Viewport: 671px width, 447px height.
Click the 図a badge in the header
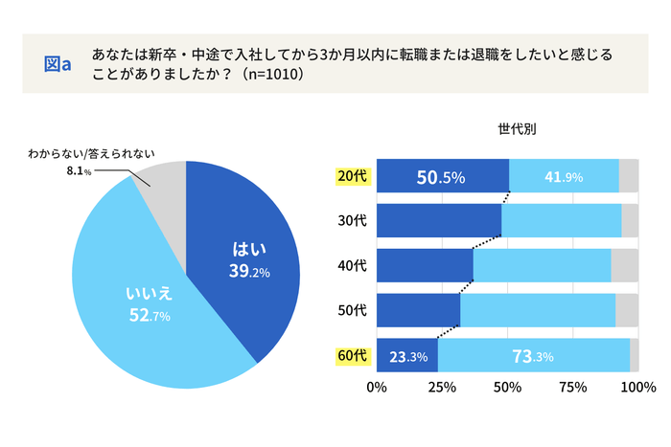tap(58, 63)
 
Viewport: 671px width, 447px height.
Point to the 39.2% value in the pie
tap(249, 272)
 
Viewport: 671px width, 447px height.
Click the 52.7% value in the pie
tap(149, 316)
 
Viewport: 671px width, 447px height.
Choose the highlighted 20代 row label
tap(352, 176)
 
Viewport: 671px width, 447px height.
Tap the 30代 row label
tap(352, 221)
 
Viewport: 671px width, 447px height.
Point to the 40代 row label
tap(352, 265)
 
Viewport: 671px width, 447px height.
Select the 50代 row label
tap(352, 310)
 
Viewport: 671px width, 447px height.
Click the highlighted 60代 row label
tap(352, 355)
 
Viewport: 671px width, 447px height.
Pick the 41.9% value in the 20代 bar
tap(564, 177)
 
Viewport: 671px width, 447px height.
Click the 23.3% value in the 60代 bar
tap(406, 356)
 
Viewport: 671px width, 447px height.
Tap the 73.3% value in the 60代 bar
tap(534, 356)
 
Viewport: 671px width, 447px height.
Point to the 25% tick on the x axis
tap(442, 388)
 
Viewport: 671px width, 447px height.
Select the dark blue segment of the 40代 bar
tap(424, 265)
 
